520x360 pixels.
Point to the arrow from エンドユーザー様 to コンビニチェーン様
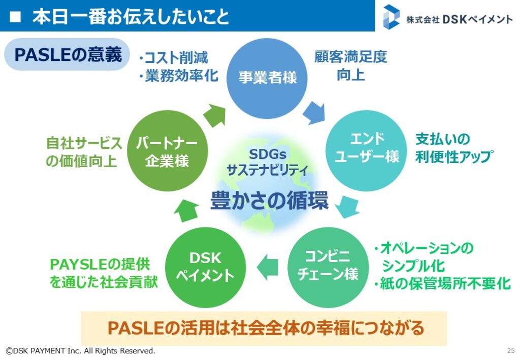(349, 206)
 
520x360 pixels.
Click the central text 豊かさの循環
(269, 201)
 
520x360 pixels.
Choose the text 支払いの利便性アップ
(453, 148)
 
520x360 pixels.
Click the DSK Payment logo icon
(392, 17)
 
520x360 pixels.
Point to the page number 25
(510, 350)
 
